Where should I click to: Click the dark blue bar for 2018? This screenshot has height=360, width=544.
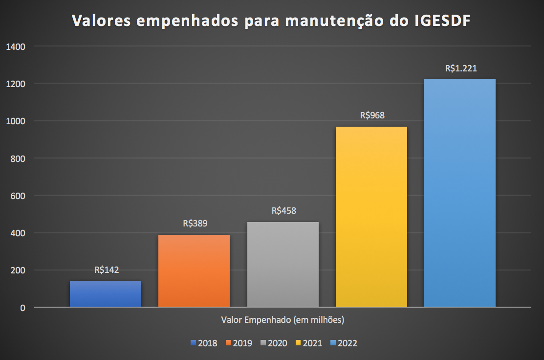[106, 293]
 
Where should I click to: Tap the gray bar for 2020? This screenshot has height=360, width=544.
[283, 264]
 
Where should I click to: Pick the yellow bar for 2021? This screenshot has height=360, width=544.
[371, 217]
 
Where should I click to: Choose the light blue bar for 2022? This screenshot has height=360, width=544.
[460, 193]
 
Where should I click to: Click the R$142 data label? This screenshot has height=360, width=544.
[107, 270]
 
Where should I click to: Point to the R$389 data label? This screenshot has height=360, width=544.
[195, 224]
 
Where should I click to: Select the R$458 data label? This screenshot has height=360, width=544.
[284, 211]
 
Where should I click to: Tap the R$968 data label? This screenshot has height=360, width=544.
[372, 115]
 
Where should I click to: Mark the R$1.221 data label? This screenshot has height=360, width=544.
[461, 68]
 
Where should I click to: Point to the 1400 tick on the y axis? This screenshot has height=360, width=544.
[16, 46]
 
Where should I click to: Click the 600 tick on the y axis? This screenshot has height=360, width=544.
[18, 196]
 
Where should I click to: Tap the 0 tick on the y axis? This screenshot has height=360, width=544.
[23, 308]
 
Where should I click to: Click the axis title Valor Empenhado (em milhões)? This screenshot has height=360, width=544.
[283, 320]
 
